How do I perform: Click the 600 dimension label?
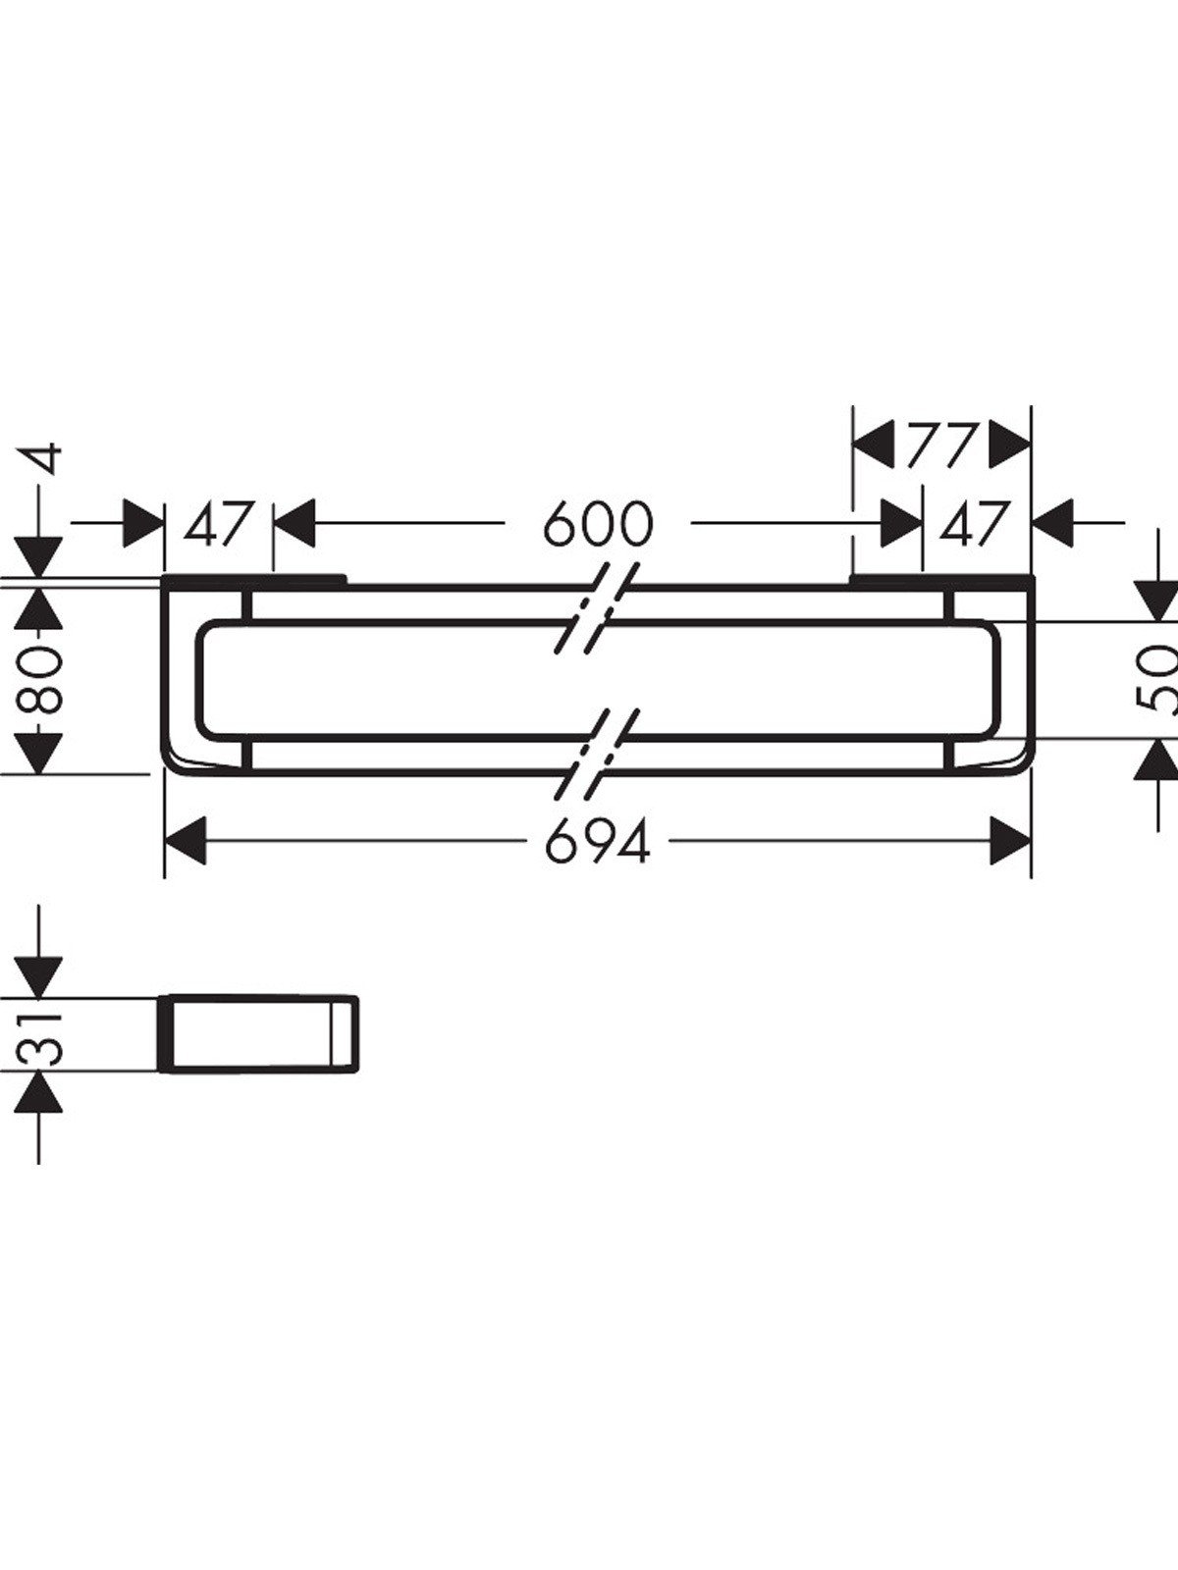[598, 524]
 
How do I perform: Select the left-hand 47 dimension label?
[218, 524]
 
